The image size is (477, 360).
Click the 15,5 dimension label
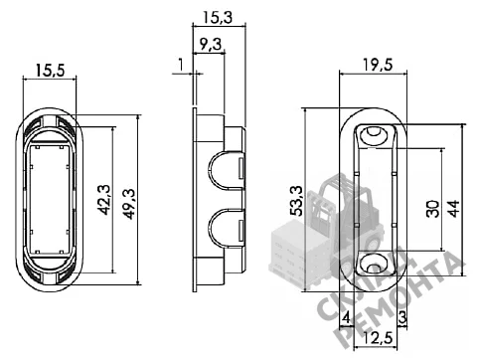50,71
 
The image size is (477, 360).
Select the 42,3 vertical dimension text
104,200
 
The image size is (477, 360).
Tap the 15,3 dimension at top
218,17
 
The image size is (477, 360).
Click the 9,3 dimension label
211,44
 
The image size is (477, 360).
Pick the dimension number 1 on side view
181,65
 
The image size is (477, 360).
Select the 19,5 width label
378,65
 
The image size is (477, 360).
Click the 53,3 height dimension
297,201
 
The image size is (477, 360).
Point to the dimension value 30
433,209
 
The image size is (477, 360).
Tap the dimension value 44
453,209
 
